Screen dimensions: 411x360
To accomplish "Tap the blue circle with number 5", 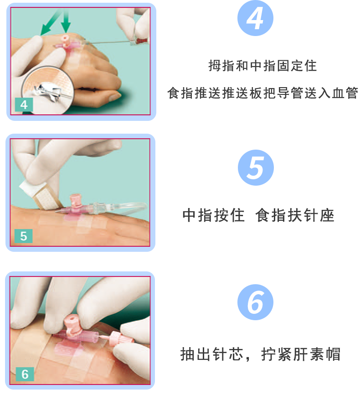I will click(x=256, y=167).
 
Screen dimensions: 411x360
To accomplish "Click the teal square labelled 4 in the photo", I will click(x=24, y=104).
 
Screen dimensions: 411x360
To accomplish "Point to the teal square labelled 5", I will click(x=24, y=236).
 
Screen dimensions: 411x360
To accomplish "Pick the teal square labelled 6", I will click(x=25, y=375).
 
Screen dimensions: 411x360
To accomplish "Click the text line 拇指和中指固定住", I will click(x=262, y=66).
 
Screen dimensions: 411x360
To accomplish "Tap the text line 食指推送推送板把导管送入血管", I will click(x=263, y=93).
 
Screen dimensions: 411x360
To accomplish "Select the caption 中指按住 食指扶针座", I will click(x=258, y=215).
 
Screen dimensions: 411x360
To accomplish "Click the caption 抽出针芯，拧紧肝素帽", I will click(x=260, y=354).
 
